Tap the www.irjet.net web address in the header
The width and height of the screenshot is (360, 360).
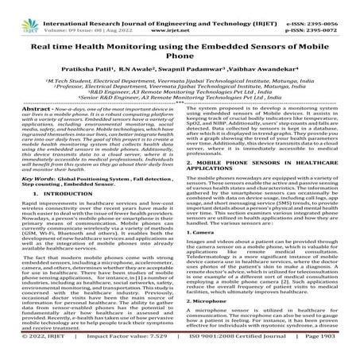click(180, 14)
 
